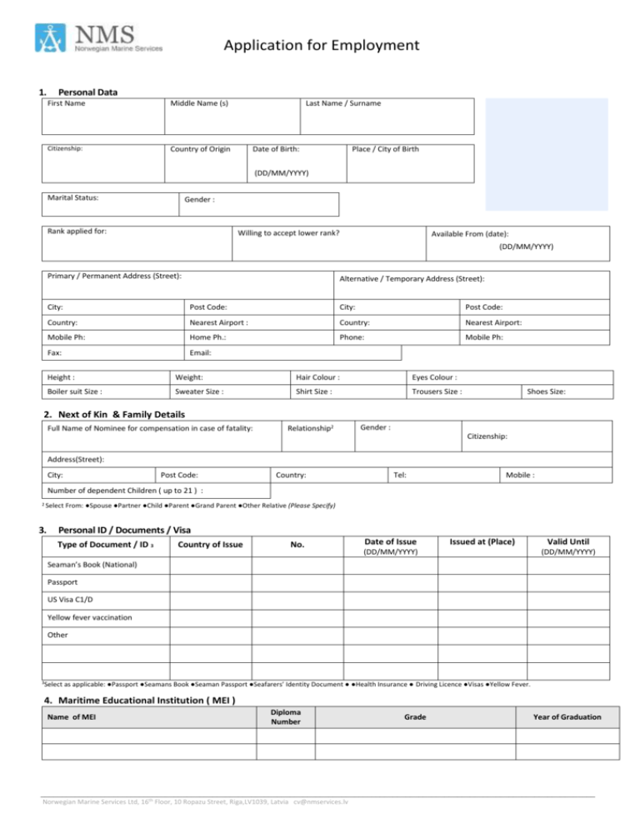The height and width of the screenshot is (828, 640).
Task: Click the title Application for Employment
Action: click(x=321, y=45)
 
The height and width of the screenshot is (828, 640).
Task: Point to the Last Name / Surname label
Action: click(x=343, y=103)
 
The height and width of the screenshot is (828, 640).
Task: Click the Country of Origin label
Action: click(x=200, y=149)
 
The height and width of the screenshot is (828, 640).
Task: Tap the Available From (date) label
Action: click(x=469, y=234)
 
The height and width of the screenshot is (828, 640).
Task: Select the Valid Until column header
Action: click(x=565, y=541)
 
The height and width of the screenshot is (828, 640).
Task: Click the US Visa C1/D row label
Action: click(x=70, y=599)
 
